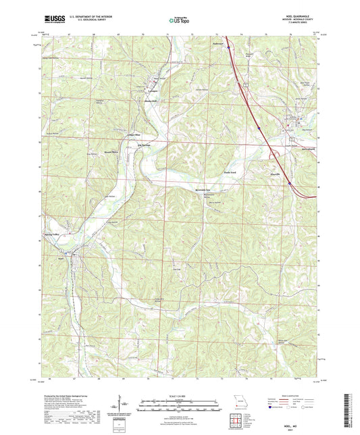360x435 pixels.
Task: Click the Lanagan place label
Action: (x=154, y=90)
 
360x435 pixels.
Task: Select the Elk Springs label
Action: (x=144, y=144)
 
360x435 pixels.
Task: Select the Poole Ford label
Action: (x=230, y=172)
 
